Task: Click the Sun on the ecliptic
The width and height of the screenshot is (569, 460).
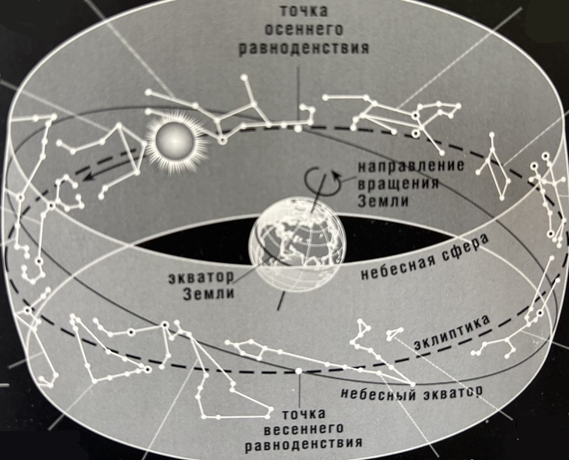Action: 174,143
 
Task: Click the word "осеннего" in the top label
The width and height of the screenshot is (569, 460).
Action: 304,30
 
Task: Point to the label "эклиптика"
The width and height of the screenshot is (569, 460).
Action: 451,334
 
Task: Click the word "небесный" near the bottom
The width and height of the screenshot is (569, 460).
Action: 378,393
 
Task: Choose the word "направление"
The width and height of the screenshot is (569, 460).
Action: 411,166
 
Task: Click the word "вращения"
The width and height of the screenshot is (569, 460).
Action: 398,183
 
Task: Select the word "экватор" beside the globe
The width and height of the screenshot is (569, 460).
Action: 202,278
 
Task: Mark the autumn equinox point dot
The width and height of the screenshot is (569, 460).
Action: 297,129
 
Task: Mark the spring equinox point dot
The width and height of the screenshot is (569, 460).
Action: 299,370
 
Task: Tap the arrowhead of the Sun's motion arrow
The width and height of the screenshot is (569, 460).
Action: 87,177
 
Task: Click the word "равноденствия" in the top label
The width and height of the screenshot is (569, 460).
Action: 304,48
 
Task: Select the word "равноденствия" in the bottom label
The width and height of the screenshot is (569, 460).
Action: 304,444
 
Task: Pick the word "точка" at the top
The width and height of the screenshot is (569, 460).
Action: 304,11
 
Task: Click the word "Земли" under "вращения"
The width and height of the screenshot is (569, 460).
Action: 383,200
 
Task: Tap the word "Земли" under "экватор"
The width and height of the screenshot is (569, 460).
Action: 209,294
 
